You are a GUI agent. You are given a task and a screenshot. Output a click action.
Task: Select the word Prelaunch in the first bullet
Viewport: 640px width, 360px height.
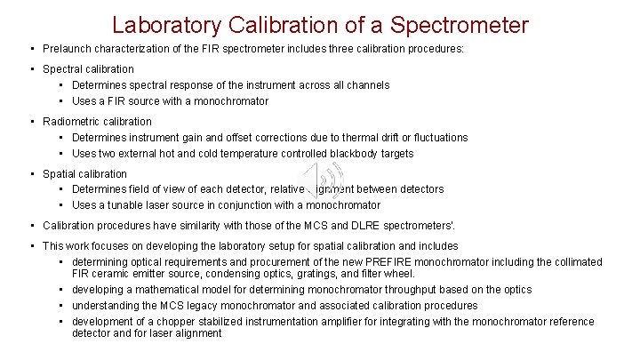(x=68, y=49)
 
